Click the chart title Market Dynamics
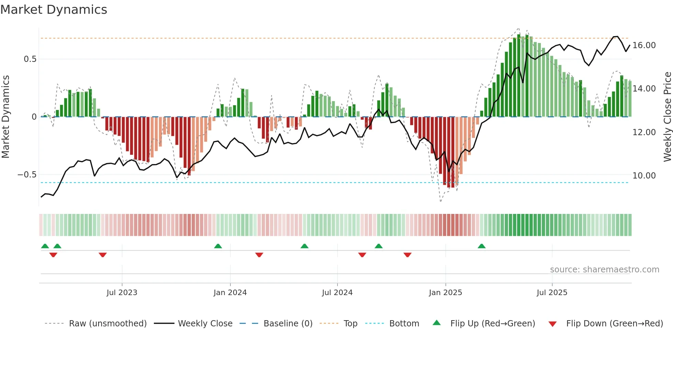(x=54, y=10)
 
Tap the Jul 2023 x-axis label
(x=122, y=293)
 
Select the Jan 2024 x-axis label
(x=230, y=293)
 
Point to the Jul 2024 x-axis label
(x=337, y=293)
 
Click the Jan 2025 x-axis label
(x=445, y=293)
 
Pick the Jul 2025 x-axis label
(x=552, y=293)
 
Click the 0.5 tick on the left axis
(x=30, y=59)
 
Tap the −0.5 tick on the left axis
(x=27, y=175)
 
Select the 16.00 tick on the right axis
(x=644, y=45)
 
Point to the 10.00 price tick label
(x=644, y=176)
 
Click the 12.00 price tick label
(x=644, y=132)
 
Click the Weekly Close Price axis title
(x=667, y=117)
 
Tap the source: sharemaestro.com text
(x=604, y=270)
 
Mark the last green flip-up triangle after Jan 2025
(x=482, y=246)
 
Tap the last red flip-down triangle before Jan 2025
(x=408, y=255)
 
